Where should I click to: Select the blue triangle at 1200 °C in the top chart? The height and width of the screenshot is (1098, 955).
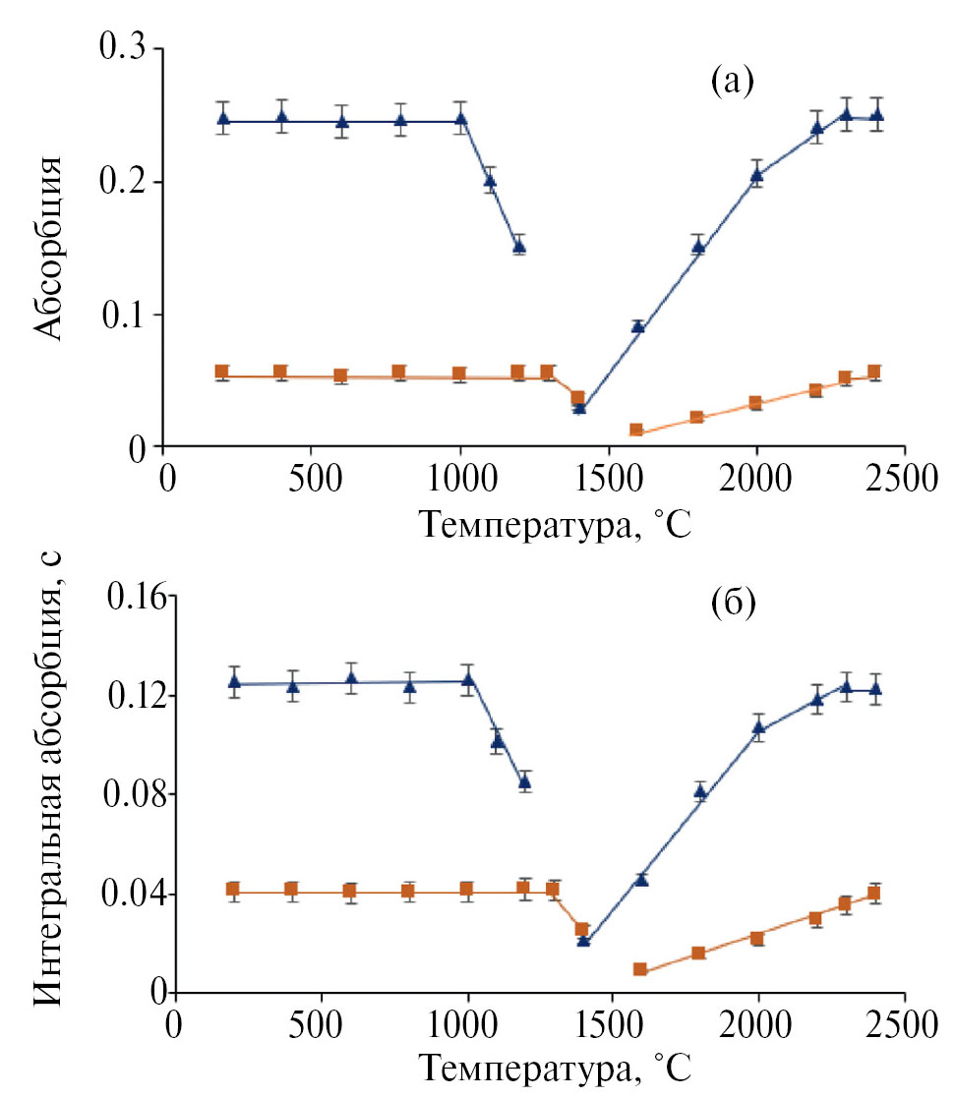(519, 246)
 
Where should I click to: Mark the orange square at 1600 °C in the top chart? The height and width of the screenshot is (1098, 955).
(636, 430)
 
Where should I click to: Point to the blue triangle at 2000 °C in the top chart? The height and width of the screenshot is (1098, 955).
(757, 175)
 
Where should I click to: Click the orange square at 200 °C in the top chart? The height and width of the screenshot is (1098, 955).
(222, 373)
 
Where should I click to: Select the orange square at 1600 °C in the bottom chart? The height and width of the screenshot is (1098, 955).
(640, 969)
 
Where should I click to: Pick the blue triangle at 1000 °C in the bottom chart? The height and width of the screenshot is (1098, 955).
(468, 678)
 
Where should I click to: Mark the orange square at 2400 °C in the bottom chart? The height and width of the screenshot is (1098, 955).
(873, 894)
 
